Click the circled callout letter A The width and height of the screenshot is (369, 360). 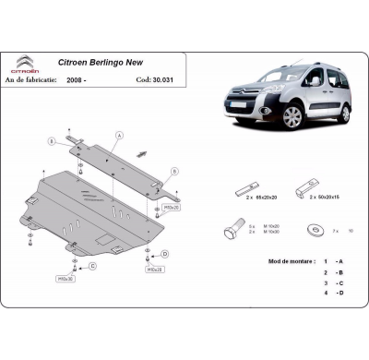coord(118,135)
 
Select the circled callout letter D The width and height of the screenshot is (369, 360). coord(164,252)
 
